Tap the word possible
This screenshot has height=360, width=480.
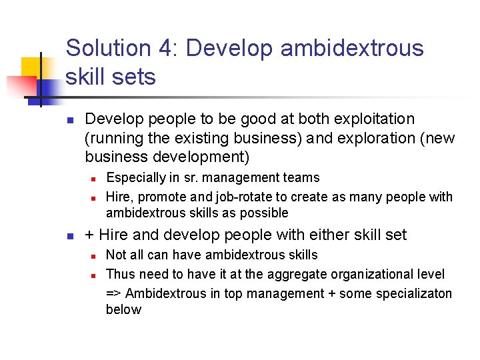tap(267, 213)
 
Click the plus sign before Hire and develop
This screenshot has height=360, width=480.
tap(90, 235)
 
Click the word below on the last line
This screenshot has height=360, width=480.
tap(123, 310)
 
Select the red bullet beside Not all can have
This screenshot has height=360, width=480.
tap(94, 255)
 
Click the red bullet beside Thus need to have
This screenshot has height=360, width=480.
tap(94, 275)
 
